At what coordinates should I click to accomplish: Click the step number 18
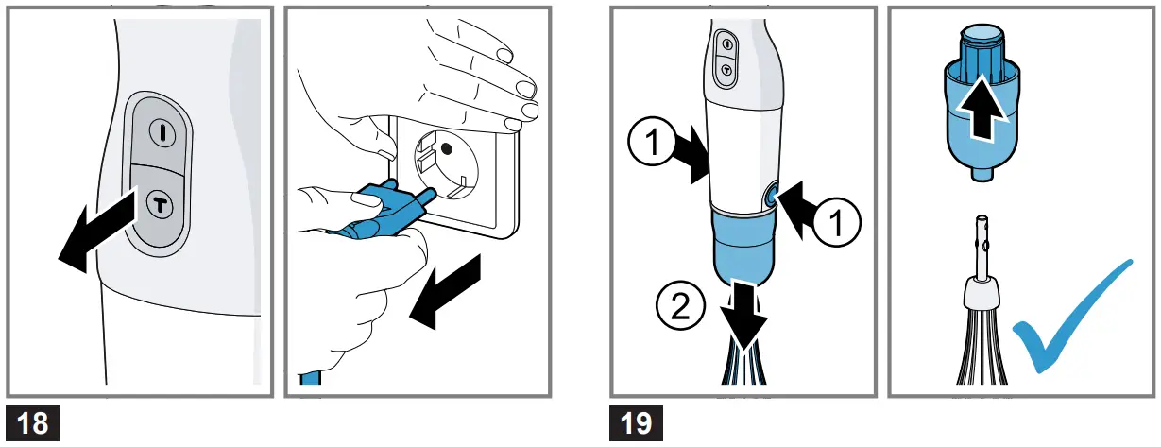coord(33,422)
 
